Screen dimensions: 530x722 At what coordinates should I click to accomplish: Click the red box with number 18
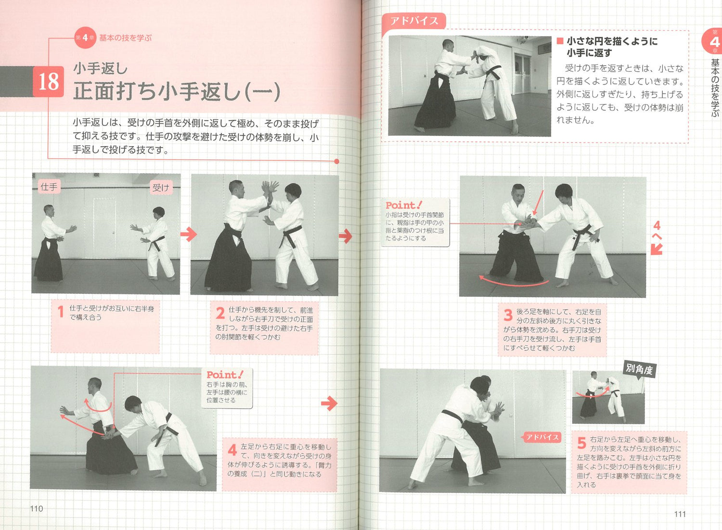point(48,82)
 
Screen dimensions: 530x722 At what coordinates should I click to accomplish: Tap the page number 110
point(37,508)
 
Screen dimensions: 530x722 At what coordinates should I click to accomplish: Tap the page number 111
point(680,514)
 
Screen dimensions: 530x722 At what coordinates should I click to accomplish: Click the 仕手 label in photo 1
point(49,187)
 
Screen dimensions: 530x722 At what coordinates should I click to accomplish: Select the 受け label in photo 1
point(161,188)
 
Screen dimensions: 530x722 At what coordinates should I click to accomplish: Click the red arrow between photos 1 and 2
point(189,234)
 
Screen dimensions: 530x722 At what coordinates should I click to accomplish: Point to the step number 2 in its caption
point(220,314)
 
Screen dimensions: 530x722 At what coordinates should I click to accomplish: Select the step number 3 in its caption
point(508,315)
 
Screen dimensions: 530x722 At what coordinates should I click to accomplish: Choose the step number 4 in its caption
point(232,450)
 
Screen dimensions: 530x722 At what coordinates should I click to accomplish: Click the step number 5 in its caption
point(581,442)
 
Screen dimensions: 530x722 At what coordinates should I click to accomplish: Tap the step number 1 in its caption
point(61,312)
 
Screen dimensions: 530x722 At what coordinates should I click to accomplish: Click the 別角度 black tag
point(639,369)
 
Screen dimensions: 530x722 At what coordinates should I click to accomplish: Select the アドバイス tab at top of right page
point(414,21)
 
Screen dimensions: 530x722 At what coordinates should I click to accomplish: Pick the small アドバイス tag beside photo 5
point(542,437)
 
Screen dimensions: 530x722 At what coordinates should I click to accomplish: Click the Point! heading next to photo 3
point(403,205)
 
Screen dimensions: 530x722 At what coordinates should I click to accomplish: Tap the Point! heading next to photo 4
point(224,375)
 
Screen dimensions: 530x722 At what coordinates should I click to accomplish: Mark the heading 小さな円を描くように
point(612,41)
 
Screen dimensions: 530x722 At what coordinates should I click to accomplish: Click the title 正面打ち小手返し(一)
point(177,91)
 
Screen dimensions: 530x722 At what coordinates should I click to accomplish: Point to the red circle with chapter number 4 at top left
point(85,38)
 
